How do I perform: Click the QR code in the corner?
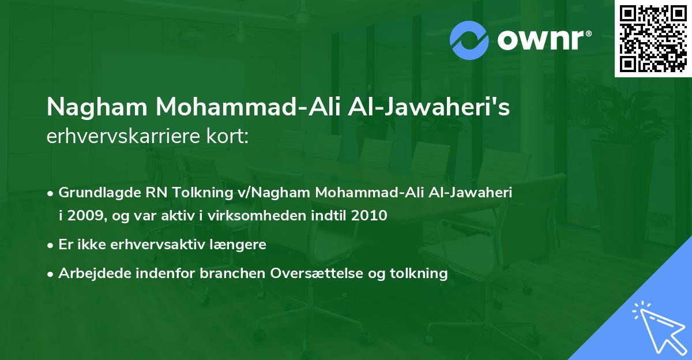[653, 39]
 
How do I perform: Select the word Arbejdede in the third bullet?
[89, 273]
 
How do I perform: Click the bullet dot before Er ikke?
[51, 245]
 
